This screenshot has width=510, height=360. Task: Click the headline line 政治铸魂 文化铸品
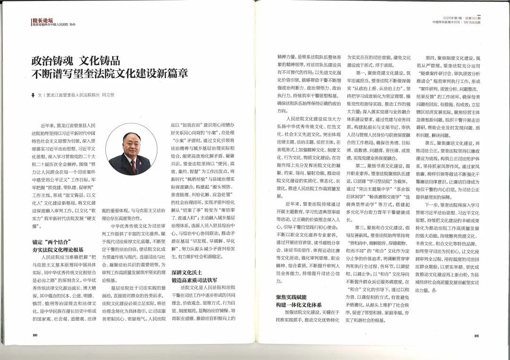[x=76, y=61]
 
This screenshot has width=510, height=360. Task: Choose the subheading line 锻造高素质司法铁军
[x=193, y=280]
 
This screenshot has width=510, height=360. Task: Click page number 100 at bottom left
[x=34, y=335]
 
